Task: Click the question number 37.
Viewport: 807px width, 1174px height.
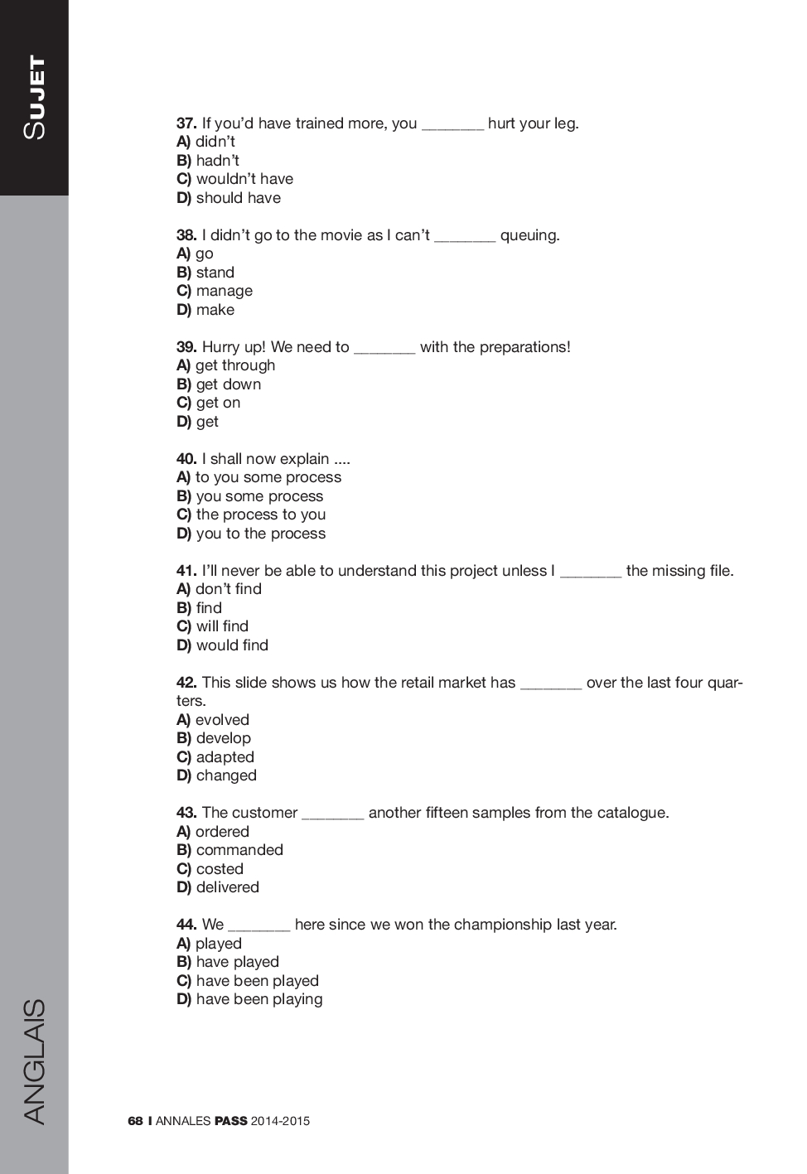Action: pyautogui.click(x=186, y=123)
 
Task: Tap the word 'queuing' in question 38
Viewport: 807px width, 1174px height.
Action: pyautogui.click(x=529, y=235)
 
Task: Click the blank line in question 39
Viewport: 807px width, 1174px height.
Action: pyautogui.click(x=384, y=348)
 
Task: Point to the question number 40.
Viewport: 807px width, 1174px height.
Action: pyautogui.click(x=186, y=459)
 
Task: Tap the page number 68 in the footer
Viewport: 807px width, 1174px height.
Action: pyautogui.click(x=135, y=1121)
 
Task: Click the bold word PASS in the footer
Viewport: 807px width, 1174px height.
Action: pyautogui.click(x=230, y=1121)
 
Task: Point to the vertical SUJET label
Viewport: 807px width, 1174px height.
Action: pyautogui.click(x=34, y=97)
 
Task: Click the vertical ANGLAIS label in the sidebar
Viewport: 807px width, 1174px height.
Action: pyautogui.click(x=34, y=1061)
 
